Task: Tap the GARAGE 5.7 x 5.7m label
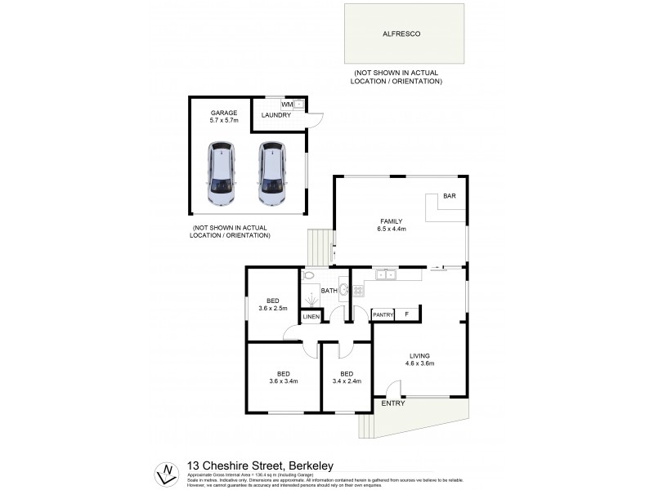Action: pyautogui.click(x=223, y=116)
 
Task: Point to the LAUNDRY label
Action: pyautogui.click(x=276, y=116)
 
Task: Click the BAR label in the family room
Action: pyautogui.click(x=449, y=197)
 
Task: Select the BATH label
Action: pyautogui.click(x=329, y=291)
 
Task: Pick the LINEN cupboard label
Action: pyautogui.click(x=311, y=316)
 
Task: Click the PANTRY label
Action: pyautogui.click(x=383, y=314)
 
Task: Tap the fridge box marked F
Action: pyautogui.click(x=407, y=314)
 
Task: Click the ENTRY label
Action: pyautogui.click(x=392, y=403)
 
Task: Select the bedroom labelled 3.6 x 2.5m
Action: pyautogui.click(x=272, y=303)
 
